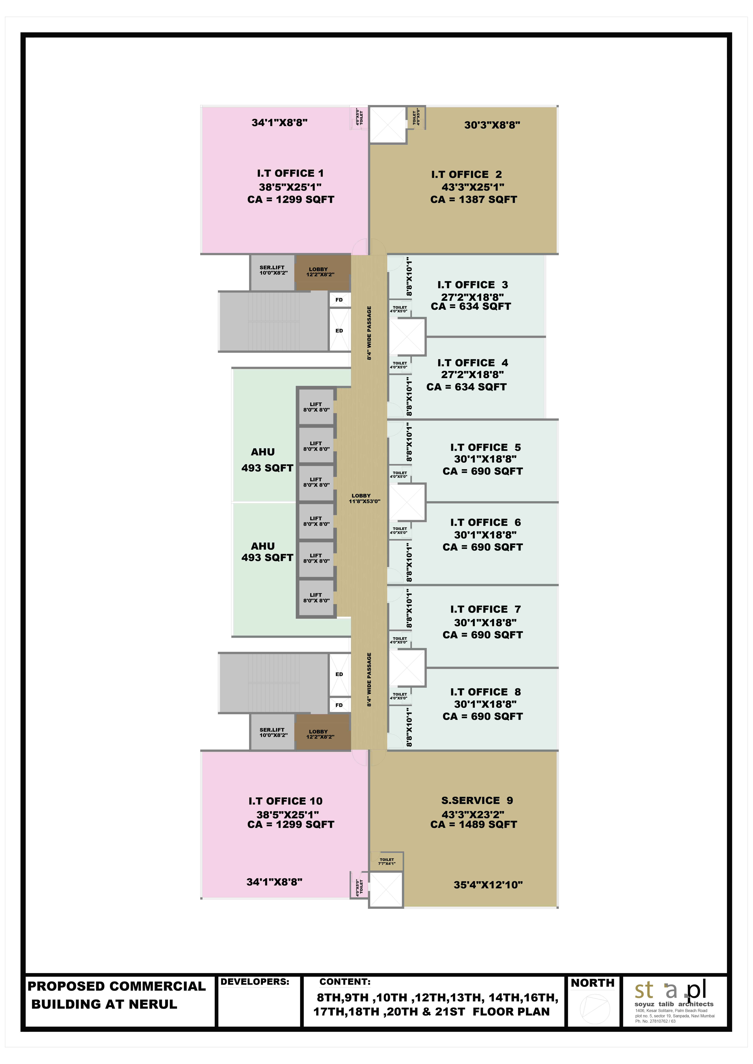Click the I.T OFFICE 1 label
290,173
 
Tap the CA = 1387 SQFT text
473,200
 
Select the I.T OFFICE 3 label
473,285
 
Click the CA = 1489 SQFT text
473,824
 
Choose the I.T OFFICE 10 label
285,801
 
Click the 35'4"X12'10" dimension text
488,885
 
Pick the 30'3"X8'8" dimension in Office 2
492,125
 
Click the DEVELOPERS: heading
255,982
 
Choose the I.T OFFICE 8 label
485,692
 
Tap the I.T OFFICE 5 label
485,448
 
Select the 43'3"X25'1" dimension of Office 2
473,187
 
